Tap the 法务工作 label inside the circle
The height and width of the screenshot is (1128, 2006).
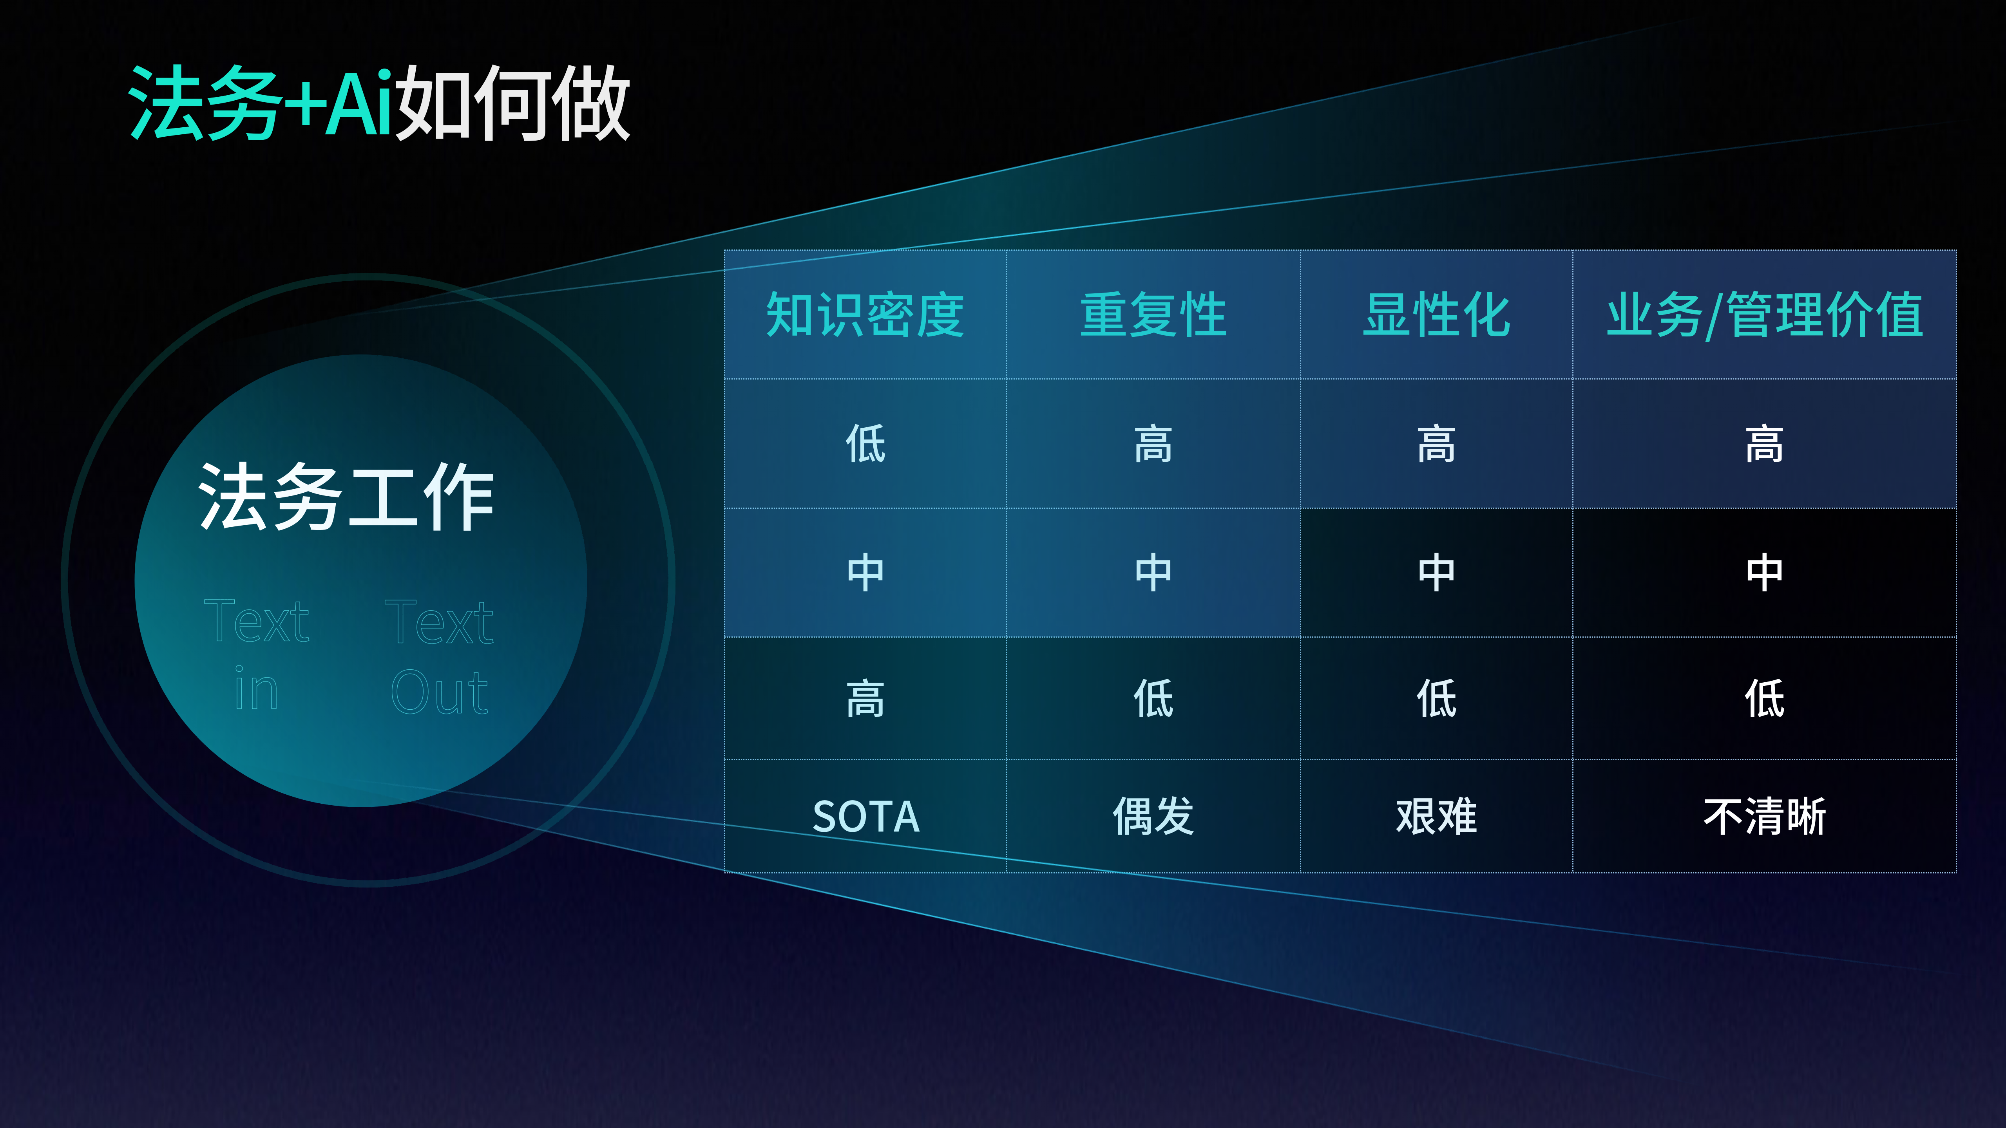coord(346,497)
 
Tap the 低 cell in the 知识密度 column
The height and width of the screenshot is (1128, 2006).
coord(865,444)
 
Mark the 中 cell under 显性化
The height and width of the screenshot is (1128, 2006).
coord(1436,572)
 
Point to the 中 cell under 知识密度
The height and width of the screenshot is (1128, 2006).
coord(865,572)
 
